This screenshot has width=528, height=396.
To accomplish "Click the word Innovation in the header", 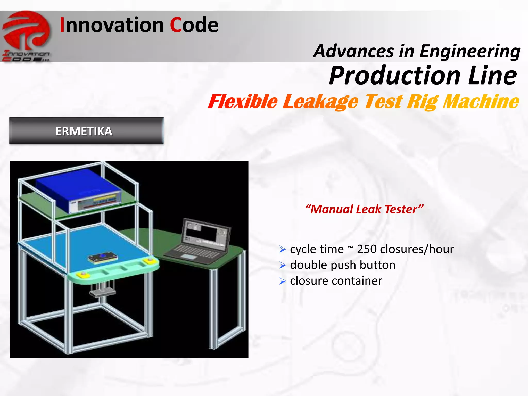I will tap(111, 25).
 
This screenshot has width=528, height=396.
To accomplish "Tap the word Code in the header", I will tap(194, 25).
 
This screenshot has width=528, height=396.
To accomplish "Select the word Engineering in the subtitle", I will tap(470, 52).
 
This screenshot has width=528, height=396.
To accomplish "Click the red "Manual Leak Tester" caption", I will tap(364, 209).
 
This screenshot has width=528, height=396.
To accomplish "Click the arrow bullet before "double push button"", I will tap(283, 265).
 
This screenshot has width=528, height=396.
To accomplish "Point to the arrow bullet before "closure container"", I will tap(283, 281).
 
